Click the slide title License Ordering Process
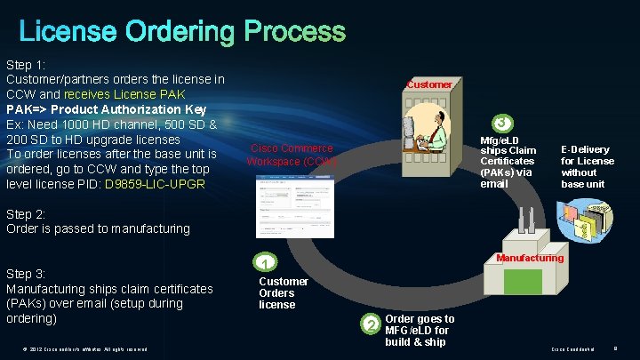[181, 32]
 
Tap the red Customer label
[429, 84]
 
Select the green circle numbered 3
[502, 123]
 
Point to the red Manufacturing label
[530, 259]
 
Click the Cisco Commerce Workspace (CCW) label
[292, 156]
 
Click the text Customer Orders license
[284, 293]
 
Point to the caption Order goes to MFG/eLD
[419, 330]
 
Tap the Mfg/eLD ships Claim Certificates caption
[508, 162]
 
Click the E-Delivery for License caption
[587, 167]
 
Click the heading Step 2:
[27, 213]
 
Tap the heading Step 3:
[27, 274]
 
